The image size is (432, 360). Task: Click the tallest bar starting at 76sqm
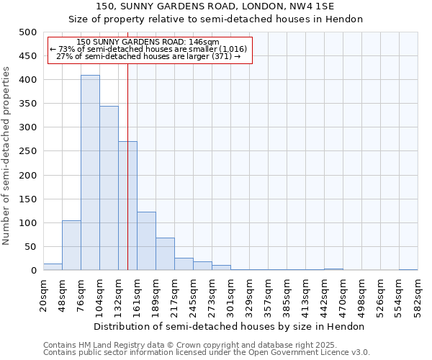(90, 173)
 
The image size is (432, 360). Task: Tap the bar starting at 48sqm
(71, 246)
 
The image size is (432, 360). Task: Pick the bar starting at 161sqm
(146, 241)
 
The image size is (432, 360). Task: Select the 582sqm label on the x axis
(418, 295)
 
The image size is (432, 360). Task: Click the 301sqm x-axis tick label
(231, 295)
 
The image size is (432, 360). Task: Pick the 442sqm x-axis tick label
(325, 295)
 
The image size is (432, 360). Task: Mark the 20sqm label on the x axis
(44, 295)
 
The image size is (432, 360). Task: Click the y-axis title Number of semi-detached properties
(6, 156)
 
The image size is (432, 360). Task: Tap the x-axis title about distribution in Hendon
(230, 326)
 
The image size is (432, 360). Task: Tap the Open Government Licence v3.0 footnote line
(207, 353)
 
